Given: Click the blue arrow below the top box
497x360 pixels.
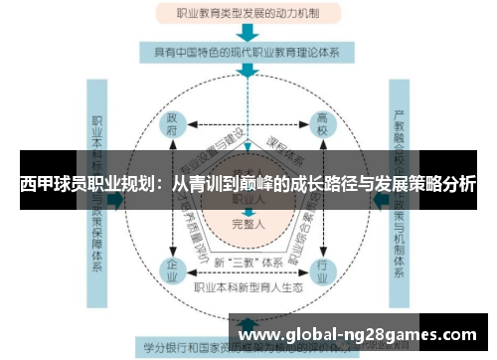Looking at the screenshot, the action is [x=248, y=33].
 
